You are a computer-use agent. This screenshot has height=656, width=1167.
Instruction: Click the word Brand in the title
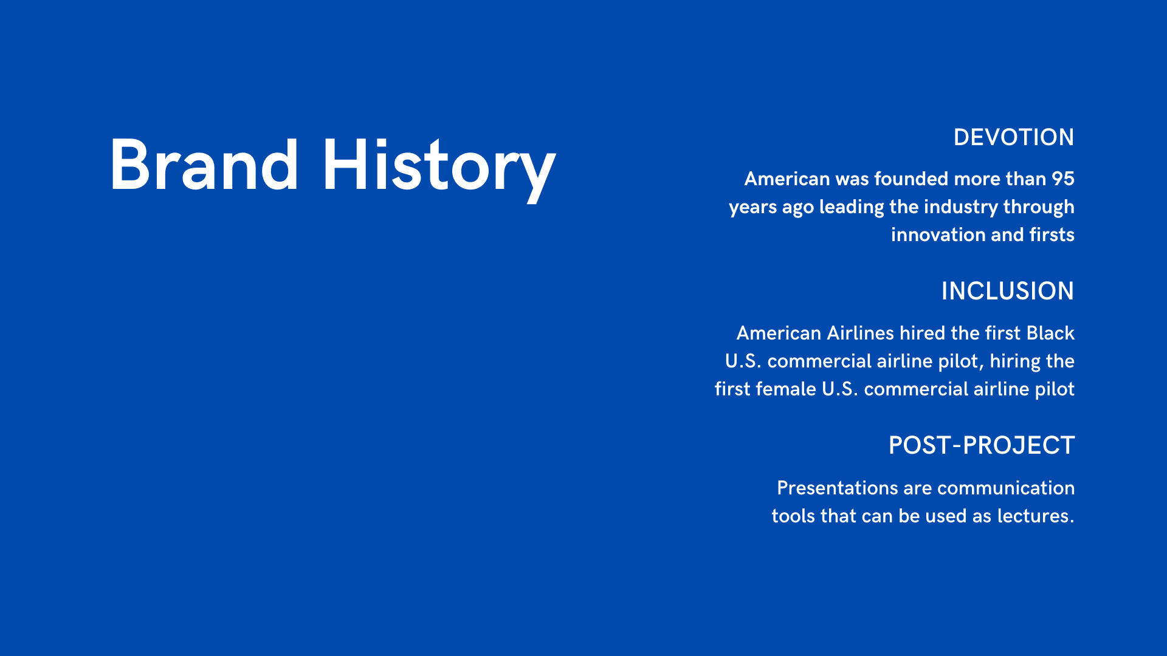[x=204, y=165]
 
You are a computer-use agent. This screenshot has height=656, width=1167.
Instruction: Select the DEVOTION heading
[x=1013, y=137]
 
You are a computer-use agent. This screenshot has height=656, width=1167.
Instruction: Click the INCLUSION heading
[x=1007, y=291]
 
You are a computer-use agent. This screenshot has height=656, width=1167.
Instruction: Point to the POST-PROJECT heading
[x=982, y=445]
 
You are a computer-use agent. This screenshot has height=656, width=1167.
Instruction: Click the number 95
[x=1063, y=179]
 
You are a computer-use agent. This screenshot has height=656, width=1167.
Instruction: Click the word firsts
[x=1052, y=234]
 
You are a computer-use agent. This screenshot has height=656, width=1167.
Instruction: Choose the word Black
[x=1050, y=333]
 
